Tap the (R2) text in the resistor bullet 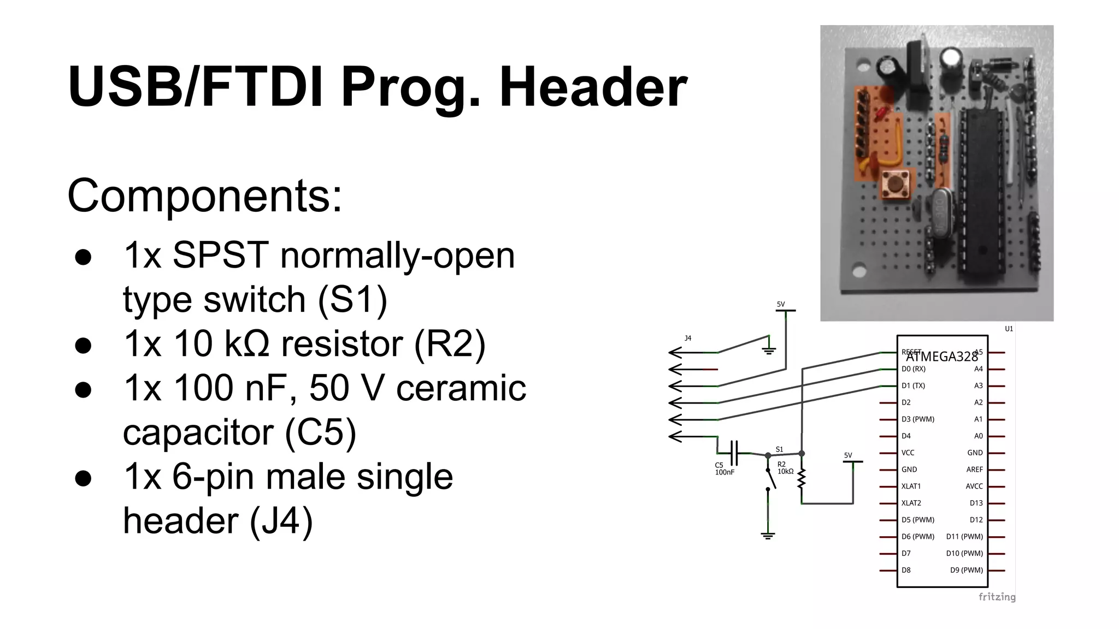[x=449, y=344]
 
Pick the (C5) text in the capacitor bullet [x=321, y=432]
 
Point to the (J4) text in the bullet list [x=281, y=521]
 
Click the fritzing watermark [x=997, y=597]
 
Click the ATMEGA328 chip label [x=942, y=357]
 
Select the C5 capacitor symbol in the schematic [x=734, y=453]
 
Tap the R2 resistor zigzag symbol [x=802, y=479]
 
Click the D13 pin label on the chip [x=976, y=503]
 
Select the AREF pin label [x=974, y=470]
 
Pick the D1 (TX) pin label [x=913, y=385]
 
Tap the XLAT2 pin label [x=911, y=503]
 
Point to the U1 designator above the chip [x=1009, y=329]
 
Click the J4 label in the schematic [x=688, y=339]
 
